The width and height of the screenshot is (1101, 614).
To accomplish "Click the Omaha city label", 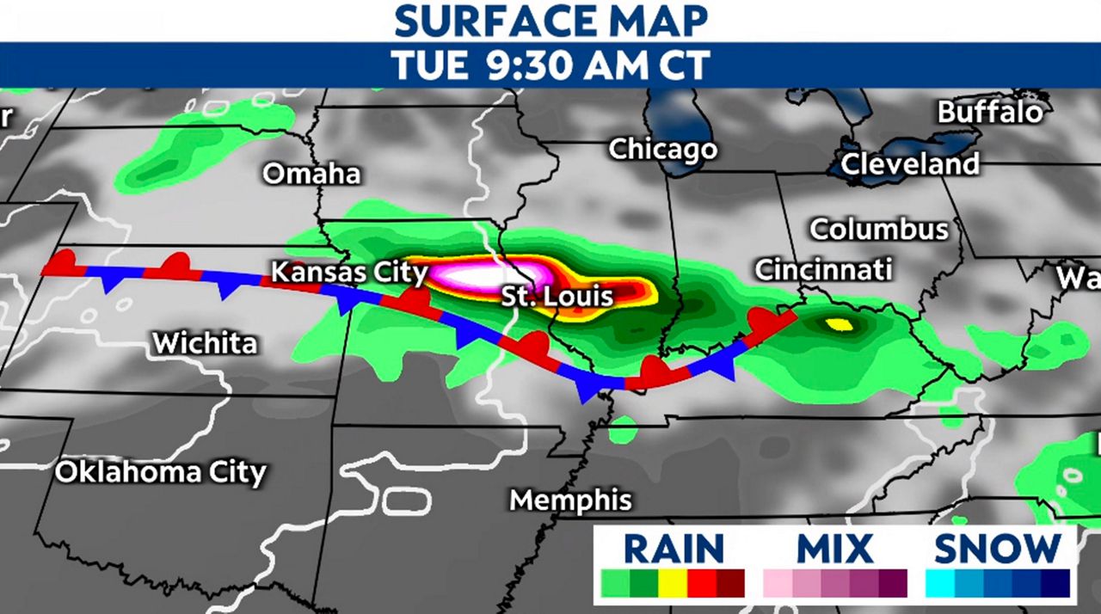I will click(x=311, y=174).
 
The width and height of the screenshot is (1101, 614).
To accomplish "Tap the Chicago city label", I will click(x=662, y=149).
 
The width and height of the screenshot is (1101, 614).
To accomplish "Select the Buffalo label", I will click(x=989, y=112).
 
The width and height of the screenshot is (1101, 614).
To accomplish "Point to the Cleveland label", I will click(x=910, y=163).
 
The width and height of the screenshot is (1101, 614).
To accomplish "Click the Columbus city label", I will click(x=879, y=230).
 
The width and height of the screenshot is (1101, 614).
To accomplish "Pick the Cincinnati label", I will click(x=822, y=270).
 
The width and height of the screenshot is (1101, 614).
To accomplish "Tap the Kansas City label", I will click(x=349, y=273).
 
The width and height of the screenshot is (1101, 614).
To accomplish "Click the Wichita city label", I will click(x=205, y=343).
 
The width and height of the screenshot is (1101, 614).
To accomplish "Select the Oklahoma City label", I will click(x=161, y=472).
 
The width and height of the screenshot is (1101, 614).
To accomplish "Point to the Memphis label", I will click(x=570, y=500).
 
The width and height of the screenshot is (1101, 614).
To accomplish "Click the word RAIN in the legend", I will click(x=674, y=548).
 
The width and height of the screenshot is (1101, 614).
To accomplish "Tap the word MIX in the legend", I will click(x=834, y=548).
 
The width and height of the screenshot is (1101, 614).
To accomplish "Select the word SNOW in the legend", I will click(x=998, y=548).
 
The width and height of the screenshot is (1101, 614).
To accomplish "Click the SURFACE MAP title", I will click(x=550, y=21).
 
